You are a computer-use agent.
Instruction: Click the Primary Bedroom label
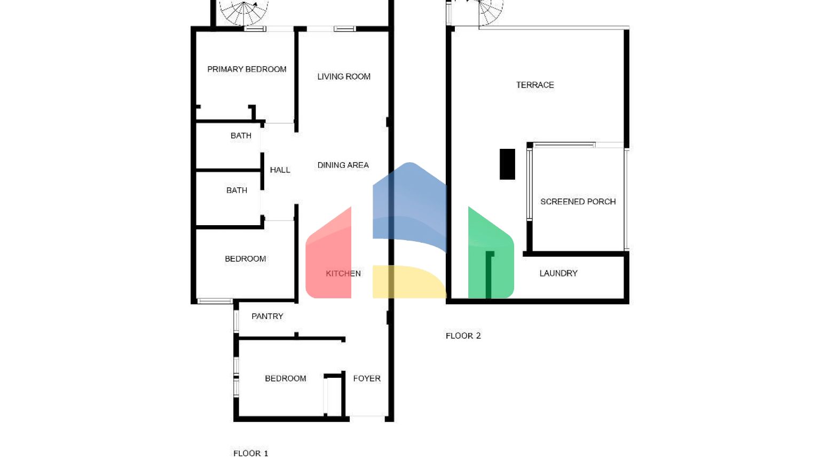pyautogui.click(x=247, y=69)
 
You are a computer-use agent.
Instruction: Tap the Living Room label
pyautogui.click(x=344, y=77)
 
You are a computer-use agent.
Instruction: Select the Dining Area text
pyautogui.click(x=343, y=165)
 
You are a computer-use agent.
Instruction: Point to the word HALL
pyautogui.click(x=280, y=170)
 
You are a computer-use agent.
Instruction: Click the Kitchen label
pyautogui.click(x=343, y=274)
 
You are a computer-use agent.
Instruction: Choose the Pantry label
pyautogui.click(x=267, y=316)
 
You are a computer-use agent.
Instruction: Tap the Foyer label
pyautogui.click(x=367, y=379)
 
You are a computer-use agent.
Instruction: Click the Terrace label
pyautogui.click(x=535, y=85)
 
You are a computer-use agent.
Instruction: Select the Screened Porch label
pyautogui.click(x=578, y=202)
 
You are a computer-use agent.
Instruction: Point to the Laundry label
pyautogui.click(x=558, y=274)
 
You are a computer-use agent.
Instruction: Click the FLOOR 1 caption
pyautogui.click(x=251, y=454)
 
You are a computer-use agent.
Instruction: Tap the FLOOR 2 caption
pyautogui.click(x=463, y=336)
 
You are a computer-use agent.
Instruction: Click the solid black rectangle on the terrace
pyautogui.click(x=507, y=164)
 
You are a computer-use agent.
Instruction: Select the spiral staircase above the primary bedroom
pyautogui.click(x=244, y=13)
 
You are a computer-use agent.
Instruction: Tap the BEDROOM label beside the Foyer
pyautogui.click(x=286, y=379)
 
